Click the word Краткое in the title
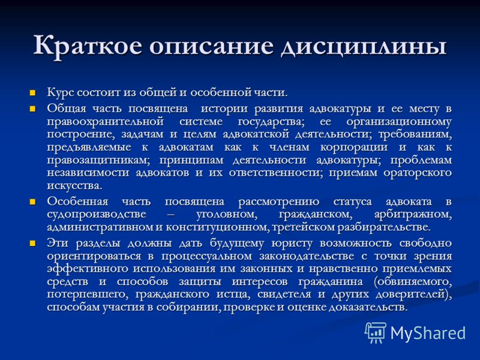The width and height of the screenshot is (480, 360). pyautogui.click(x=88, y=46)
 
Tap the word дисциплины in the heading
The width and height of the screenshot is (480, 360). pyautogui.click(x=364, y=47)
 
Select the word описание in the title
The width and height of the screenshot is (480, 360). pyautogui.click(x=211, y=47)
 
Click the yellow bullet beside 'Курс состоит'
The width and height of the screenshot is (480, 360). pyautogui.click(x=32, y=93)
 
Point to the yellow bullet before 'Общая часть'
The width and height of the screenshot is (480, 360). pyautogui.click(x=32, y=109)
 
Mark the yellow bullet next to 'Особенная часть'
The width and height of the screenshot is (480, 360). pyautogui.click(x=32, y=202)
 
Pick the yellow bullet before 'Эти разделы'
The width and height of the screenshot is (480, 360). pyautogui.click(x=32, y=244)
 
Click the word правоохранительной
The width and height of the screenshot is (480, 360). pyautogui.click(x=106, y=122)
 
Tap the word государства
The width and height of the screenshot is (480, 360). pyautogui.click(x=271, y=122)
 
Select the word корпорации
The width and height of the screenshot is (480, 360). pyautogui.click(x=354, y=148)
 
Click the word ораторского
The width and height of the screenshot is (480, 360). pyautogui.click(x=418, y=173)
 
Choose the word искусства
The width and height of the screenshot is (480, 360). pyautogui.click(x=74, y=186)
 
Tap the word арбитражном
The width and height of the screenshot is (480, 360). pyautogui.click(x=413, y=214)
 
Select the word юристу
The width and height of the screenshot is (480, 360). pyautogui.click(x=292, y=244)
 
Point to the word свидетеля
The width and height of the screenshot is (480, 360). pyautogui.click(x=283, y=295)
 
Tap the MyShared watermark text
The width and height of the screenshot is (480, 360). pyautogui.click(x=428, y=333)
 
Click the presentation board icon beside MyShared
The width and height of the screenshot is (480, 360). pyautogui.click(x=376, y=332)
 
